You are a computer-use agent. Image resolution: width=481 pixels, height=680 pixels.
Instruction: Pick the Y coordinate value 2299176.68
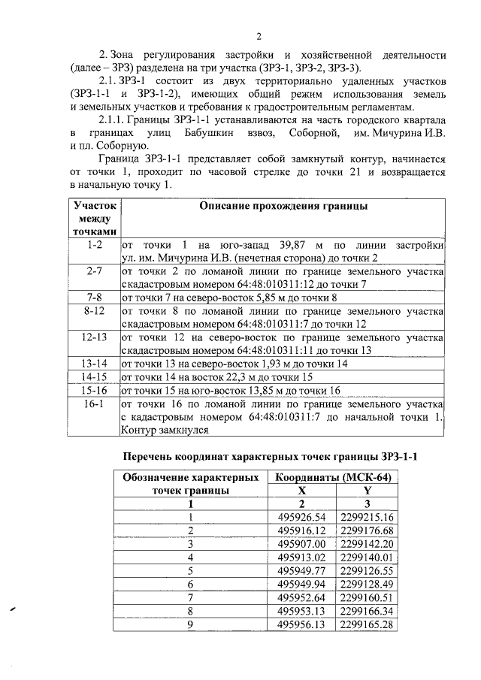click(x=368, y=530)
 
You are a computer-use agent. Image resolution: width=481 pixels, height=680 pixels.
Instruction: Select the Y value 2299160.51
click(x=368, y=597)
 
